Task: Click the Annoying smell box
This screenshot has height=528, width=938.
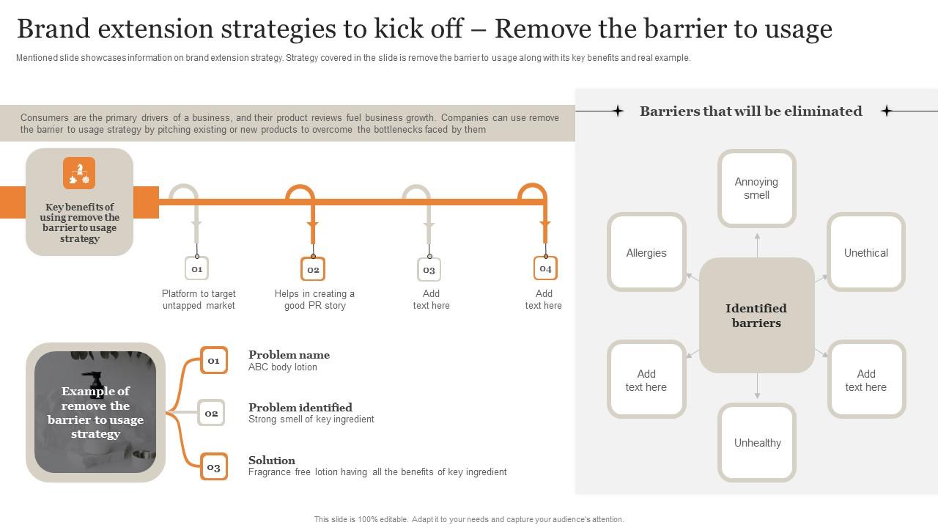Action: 756,188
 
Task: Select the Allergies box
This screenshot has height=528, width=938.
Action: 646,252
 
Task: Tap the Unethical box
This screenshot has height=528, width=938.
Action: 865,252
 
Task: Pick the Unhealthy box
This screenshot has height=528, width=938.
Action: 757,442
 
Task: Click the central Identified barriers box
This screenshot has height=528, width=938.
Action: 756,315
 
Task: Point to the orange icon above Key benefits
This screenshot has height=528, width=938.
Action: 79,173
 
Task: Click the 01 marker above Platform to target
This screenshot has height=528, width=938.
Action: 196,269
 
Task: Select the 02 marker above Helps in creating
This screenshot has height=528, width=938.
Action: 313,269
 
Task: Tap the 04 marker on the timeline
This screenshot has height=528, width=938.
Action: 545,268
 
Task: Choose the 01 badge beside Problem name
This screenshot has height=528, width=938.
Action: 213,360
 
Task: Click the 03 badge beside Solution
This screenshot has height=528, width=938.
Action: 213,467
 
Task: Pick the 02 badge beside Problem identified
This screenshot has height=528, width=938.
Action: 211,414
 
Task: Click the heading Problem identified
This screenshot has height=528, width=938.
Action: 300,407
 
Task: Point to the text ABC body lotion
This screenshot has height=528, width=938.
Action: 283,367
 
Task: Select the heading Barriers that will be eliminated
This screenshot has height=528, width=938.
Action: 750,111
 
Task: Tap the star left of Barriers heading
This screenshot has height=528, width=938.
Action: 618,111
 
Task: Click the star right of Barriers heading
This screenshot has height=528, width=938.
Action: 886,111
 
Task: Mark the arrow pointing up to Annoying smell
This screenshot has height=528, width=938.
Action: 757,244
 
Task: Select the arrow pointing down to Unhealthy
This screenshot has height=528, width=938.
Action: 757,386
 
